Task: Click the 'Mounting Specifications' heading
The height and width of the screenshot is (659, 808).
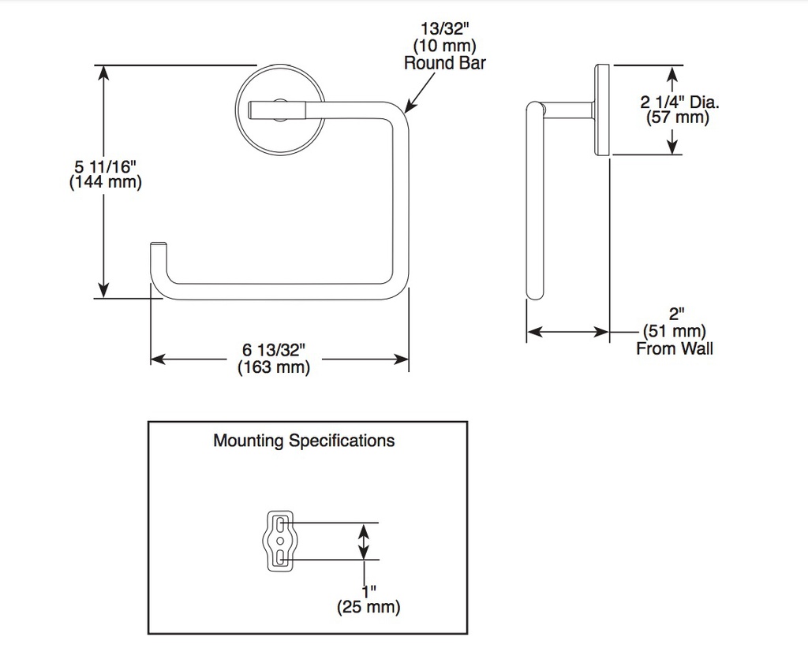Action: point(304,441)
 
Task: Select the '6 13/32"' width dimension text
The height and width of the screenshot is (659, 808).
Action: point(274,350)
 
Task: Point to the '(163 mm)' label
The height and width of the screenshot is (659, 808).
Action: point(274,367)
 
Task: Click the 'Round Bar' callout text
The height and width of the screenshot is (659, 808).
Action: point(445,63)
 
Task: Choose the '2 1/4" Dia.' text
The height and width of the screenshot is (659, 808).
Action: point(679,102)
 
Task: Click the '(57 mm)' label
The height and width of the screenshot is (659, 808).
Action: point(678,118)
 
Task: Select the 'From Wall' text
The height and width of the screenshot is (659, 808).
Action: point(675,348)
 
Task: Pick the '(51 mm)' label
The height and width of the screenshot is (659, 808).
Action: point(675,331)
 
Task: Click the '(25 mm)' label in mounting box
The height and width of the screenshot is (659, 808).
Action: point(368,606)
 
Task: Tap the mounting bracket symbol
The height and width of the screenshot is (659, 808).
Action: point(280,541)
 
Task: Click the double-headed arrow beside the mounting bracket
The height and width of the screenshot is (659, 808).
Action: point(364,541)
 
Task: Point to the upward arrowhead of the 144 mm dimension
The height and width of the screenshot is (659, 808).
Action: point(104,73)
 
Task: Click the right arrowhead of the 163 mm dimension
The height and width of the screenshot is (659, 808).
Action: point(401,359)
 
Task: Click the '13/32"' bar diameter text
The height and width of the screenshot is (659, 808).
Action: point(445,29)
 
